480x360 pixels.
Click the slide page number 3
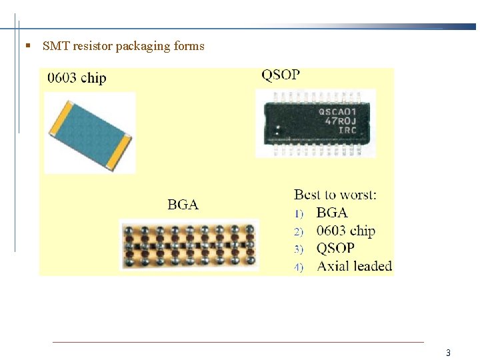coord(449,353)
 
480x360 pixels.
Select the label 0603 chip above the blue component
coord(77,78)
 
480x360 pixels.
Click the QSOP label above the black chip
coord(281,75)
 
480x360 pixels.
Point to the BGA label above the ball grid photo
coord(183,205)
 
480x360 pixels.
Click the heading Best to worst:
coord(335,195)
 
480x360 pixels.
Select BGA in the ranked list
coord(332,213)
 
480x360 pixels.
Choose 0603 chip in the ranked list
coord(346,231)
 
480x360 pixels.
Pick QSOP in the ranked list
coord(335,248)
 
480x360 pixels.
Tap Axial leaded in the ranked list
coord(354,266)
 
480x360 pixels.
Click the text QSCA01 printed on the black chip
coord(337,111)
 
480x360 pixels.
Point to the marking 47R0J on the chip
coord(341,121)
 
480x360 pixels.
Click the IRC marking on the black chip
coord(347,130)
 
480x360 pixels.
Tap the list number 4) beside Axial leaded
coord(299,267)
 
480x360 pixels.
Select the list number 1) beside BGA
coord(299,214)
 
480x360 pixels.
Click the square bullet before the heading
coord(27,47)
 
